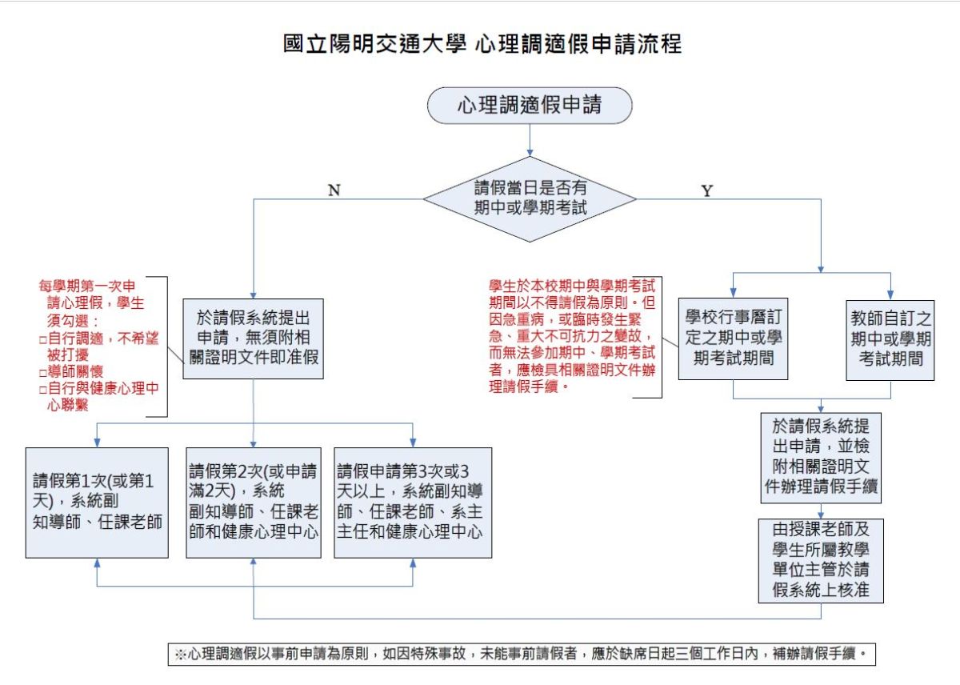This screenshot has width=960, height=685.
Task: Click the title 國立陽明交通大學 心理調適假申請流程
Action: tap(483, 43)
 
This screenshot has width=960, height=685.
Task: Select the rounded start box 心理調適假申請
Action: tap(530, 105)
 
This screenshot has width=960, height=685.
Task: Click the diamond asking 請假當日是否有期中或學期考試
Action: tap(530, 198)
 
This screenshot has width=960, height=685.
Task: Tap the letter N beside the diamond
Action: tap(334, 190)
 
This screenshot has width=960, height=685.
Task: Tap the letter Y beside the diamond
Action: tap(706, 190)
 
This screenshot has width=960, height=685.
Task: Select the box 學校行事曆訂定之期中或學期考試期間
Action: tap(734, 337)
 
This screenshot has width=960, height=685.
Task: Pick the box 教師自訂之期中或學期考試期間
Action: tap(890, 338)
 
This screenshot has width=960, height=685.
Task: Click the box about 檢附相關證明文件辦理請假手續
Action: tap(822, 458)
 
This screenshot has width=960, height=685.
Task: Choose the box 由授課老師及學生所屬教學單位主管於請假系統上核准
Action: tap(822, 560)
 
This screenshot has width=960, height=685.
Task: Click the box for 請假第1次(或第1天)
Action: tap(97, 503)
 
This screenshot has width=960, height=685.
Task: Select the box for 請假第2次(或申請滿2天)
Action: tap(254, 503)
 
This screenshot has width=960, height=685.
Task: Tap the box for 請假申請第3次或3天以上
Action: tap(413, 503)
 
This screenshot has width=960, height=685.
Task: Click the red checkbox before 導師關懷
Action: tap(42, 373)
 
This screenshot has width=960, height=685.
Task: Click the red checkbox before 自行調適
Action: tap(42, 339)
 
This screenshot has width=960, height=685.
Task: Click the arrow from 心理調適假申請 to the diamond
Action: tap(530, 141)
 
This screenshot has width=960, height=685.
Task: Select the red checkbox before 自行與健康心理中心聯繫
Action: tap(42, 390)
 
